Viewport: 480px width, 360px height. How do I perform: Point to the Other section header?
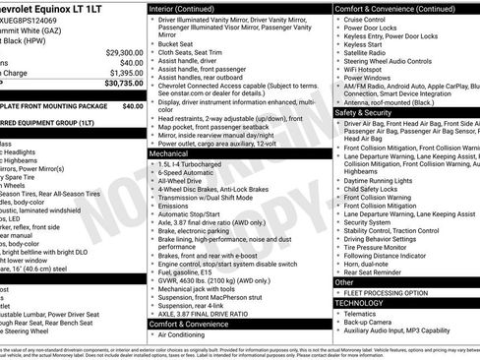click(344, 282)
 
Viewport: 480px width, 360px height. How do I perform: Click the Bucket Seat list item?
click(176, 43)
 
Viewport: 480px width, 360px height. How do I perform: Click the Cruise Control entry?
click(365, 19)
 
